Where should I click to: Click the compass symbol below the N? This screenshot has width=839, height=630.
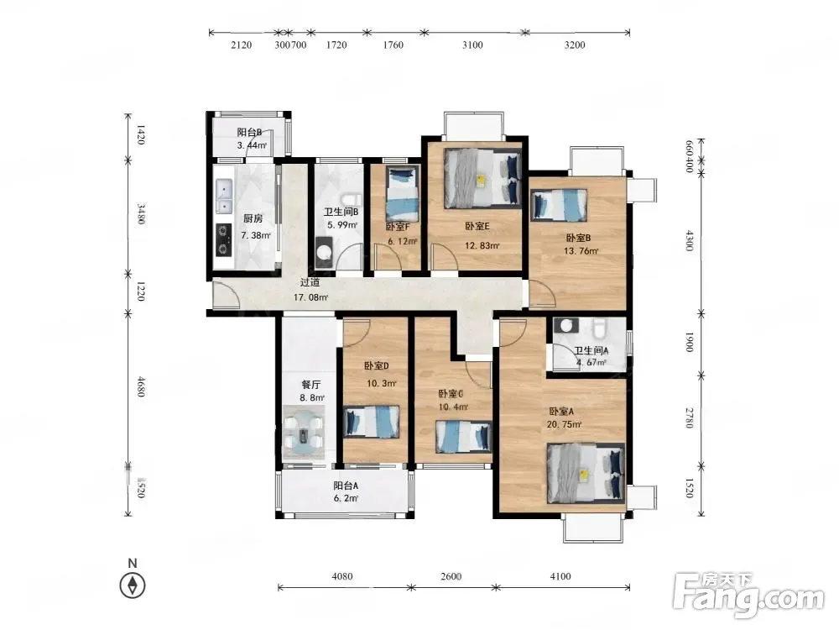coord(133,585)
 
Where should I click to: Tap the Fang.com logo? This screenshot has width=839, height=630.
coord(749,594)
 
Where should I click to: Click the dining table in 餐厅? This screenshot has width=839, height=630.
coord(304,433)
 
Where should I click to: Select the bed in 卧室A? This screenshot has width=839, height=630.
coord(586,473)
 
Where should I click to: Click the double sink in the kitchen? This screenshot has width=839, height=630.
coord(224,196)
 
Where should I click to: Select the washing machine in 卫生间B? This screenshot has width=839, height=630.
coord(323,252)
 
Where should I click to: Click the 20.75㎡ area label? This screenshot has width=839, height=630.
coord(564,424)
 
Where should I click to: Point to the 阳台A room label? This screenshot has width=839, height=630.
coord(346,486)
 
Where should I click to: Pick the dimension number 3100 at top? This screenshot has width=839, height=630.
coord(472,45)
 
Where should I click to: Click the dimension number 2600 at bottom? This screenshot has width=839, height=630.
coord(451,576)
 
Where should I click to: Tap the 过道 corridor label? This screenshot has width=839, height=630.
coord(310,282)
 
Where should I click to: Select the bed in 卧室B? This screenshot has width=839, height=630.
coord(559,205)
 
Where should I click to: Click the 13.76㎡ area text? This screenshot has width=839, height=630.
coord(581,250)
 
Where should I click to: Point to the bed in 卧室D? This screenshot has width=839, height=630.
coord(371,422)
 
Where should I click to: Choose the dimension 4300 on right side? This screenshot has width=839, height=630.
coord(690,240)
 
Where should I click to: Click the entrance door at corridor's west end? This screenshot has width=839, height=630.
coord(226,294)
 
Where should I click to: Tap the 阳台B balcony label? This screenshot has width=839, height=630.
coord(249,133)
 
